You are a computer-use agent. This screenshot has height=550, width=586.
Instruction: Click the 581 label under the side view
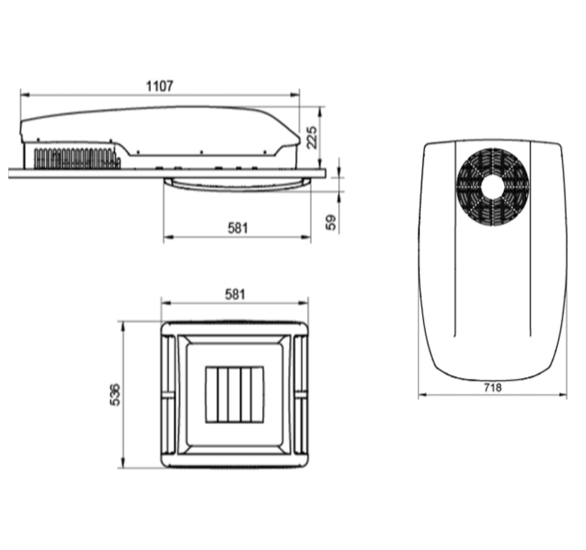[238, 228]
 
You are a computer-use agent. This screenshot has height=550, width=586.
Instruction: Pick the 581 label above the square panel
[235, 295]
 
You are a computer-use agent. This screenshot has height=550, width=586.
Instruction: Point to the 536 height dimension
[115, 394]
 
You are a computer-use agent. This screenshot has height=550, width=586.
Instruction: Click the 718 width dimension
[493, 387]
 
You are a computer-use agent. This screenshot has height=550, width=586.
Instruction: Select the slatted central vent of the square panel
[234, 394]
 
